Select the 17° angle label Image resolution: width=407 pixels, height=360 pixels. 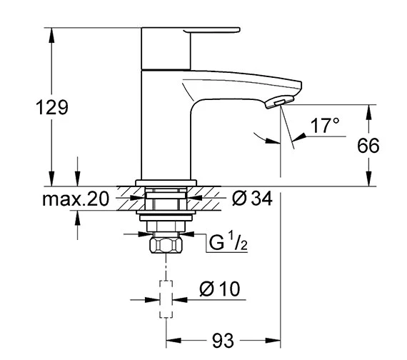click(325, 126)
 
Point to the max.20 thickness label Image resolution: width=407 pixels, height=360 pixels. click(74, 199)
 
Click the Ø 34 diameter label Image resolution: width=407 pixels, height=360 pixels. click(252, 199)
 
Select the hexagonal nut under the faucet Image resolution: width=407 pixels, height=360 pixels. click(166, 246)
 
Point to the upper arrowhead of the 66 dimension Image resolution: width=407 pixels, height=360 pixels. click(368, 111)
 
